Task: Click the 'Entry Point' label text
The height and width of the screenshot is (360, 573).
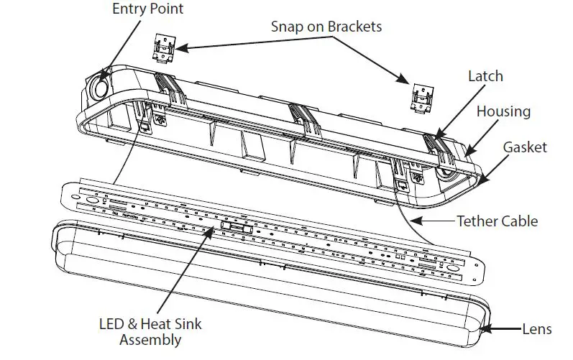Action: [147, 9]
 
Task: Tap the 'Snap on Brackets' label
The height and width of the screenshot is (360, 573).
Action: [326, 27]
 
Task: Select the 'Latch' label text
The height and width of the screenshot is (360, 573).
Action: [485, 75]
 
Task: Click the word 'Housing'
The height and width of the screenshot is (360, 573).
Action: [503, 111]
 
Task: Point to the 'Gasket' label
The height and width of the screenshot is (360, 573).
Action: [525, 147]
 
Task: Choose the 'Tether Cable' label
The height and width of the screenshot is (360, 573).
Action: [497, 221]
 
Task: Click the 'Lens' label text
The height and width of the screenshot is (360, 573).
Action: [538, 329]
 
